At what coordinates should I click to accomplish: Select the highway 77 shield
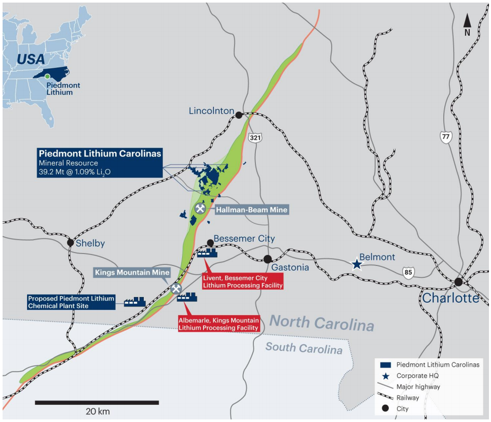click(x=445, y=137)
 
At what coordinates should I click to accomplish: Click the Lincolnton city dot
click(x=238, y=114)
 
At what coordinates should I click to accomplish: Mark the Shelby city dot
click(x=70, y=242)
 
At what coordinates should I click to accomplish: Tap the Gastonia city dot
click(x=267, y=259)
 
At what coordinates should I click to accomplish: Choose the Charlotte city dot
click(x=459, y=282)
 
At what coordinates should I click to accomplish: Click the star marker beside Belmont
click(x=357, y=264)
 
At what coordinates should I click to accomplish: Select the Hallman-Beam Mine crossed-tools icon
click(x=200, y=208)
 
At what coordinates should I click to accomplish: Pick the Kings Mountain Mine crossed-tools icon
click(x=176, y=288)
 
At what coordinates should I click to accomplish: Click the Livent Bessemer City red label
click(x=243, y=282)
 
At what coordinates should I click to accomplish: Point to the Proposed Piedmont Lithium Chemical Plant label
click(x=71, y=302)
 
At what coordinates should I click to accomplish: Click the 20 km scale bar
click(x=97, y=403)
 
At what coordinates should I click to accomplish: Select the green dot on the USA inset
click(x=47, y=76)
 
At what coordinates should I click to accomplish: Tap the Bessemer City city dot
click(x=210, y=242)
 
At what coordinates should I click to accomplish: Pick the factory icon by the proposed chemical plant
click(x=134, y=302)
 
